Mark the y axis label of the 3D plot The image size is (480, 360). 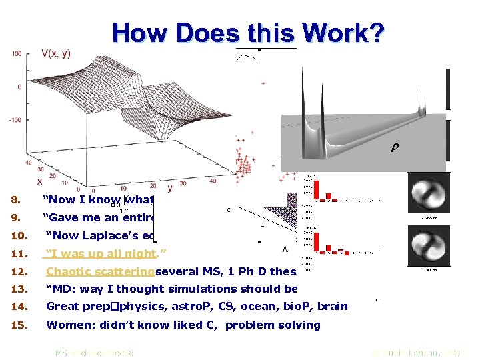(170, 188)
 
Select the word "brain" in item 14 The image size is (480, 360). (333, 307)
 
